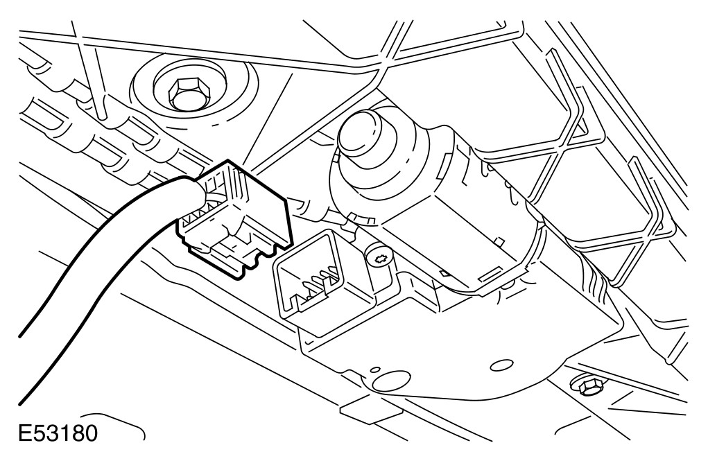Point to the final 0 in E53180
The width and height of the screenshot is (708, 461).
tap(90, 434)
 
